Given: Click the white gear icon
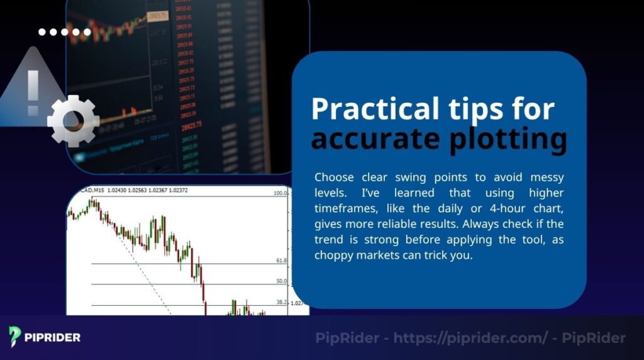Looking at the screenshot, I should pos(73,120).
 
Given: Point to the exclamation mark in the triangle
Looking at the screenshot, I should pos(33,93).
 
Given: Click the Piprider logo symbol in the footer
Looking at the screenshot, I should pos(16,337).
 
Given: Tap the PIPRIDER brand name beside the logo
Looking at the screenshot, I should pos(53,337).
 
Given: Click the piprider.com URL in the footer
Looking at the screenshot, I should pos(470,338).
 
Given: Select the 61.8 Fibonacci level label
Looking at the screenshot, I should pos(281,260).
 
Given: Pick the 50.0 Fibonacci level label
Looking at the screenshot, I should pos(281,281).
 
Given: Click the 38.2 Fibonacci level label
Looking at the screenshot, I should pos(281,302).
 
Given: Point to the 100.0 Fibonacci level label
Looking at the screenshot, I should pos(280,193).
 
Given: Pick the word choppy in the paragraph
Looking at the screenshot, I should pos(333,256).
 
